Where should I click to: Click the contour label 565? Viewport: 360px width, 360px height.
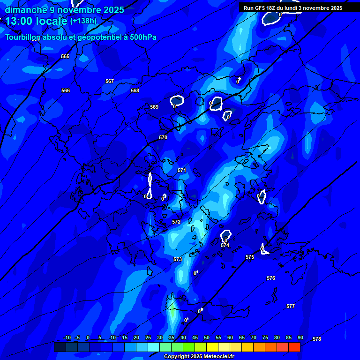coord(65,56)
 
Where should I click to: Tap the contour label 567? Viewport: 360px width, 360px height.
coord(110,81)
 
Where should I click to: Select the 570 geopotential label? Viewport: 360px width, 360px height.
coord(163,137)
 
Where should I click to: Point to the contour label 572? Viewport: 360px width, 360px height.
coord(176,222)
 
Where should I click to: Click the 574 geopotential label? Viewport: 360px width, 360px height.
coord(225,245)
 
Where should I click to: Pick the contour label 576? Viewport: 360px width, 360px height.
coord(271,278)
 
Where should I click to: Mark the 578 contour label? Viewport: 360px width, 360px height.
coord(317,339)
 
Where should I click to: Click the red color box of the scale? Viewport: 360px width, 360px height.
coord(294,347)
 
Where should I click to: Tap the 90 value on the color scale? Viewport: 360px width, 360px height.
coord(300,338)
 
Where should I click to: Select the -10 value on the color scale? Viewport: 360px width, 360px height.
coord(67,338)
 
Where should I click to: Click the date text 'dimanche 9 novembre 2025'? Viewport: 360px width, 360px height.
coord(64,10)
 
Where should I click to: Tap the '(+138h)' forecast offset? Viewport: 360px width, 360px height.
coord(83,21)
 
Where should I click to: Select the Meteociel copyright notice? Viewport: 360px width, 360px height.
coord(199,357)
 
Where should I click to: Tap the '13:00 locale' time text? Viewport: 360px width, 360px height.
coord(36,21)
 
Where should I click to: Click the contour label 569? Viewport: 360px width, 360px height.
coord(154,107)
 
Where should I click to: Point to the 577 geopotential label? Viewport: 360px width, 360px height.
coord(291,306)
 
